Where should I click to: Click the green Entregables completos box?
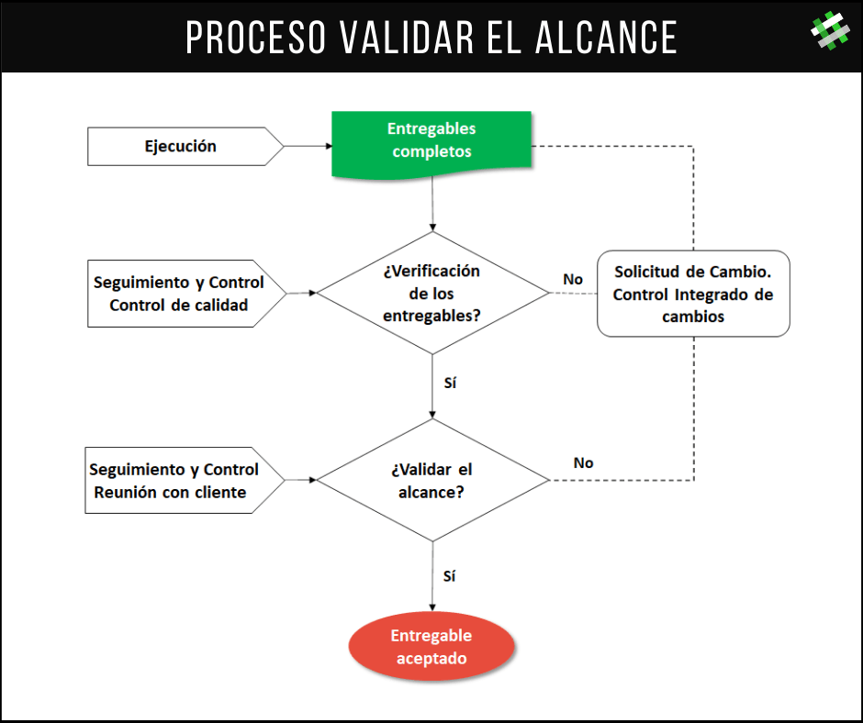click(x=431, y=144)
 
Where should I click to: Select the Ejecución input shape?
click(x=185, y=147)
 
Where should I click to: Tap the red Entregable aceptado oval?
click(x=431, y=647)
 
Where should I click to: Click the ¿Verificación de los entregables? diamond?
click(x=432, y=293)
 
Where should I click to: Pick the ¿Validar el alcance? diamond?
click(x=432, y=481)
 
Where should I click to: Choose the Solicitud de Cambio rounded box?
click(x=693, y=294)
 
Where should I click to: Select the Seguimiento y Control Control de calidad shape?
click(x=186, y=294)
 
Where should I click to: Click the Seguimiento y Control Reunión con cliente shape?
click(x=185, y=481)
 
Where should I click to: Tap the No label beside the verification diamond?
click(x=573, y=280)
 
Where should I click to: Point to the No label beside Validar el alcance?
click(x=583, y=463)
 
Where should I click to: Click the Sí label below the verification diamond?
click(x=450, y=383)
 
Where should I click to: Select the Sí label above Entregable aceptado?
click(x=449, y=575)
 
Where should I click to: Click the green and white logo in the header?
click(x=830, y=31)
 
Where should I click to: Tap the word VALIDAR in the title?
click(x=406, y=38)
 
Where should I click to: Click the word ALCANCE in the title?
click(x=606, y=38)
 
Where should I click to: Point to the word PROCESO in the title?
click(x=255, y=38)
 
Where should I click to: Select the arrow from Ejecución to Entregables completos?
click(x=308, y=147)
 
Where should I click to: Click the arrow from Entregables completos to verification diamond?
click(x=432, y=204)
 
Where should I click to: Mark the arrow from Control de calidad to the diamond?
click(x=302, y=294)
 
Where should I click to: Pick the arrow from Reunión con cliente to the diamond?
click(x=300, y=481)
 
